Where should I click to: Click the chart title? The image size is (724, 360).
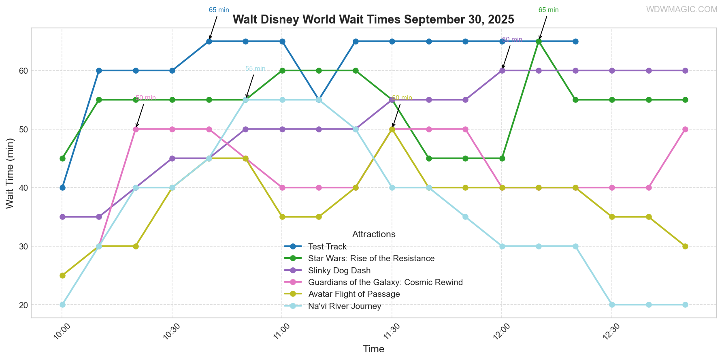click(373, 19)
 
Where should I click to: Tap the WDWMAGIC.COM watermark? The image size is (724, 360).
click(681, 9)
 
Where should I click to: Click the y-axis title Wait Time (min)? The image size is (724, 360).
click(10, 173)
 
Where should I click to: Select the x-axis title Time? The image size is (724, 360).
click(373, 349)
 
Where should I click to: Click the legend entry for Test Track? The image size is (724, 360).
click(327, 247)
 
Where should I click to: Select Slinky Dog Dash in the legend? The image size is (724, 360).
click(339, 271)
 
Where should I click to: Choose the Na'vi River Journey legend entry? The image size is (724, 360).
click(345, 306)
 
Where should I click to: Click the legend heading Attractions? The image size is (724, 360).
click(374, 234)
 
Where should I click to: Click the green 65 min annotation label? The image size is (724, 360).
click(548, 10)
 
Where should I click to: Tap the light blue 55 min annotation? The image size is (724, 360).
click(256, 69)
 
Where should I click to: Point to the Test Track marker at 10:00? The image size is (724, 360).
click(62, 187)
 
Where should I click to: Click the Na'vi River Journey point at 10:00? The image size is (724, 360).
click(62, 305)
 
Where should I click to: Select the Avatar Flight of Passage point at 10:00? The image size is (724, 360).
click(62, 275)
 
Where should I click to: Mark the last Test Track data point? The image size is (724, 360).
click(575, 41)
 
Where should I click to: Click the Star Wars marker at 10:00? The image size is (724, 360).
click(62, 158)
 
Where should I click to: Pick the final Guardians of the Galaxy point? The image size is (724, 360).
click(685, 129)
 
